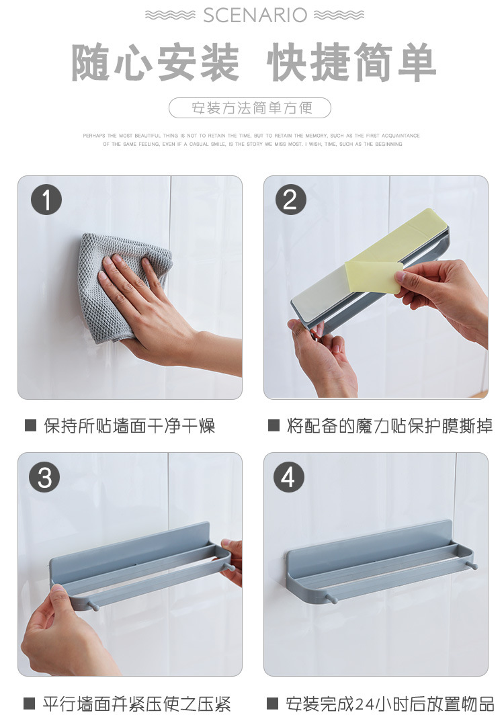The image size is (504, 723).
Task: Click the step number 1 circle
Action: click(x=46, y=199)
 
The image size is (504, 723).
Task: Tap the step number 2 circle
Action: click(x=290, y=199)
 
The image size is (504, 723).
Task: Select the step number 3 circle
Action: click(x=45, y=477)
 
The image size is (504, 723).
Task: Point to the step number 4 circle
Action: click(x=289, y=477)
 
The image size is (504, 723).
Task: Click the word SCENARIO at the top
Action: click(x=255, y=15)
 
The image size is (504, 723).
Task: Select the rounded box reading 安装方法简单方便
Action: click(x=250, y=108)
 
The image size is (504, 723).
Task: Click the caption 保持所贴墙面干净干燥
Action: click(x=130, y=425)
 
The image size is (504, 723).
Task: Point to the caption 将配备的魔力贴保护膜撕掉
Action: click(x=390, y=425)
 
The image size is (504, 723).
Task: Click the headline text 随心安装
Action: click(x=155, y=62)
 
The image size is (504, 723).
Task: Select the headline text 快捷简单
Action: click(x=351, y=62)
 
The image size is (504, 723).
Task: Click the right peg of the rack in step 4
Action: click(x=472, y=566)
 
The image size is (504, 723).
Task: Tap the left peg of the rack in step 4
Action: click(x=330, y=597)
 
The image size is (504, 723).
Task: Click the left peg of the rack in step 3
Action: click(x=93, y=605)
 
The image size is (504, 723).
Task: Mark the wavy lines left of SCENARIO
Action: click(x=170, y=15)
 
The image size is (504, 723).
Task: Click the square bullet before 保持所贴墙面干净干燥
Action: click(x=30, y=425)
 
